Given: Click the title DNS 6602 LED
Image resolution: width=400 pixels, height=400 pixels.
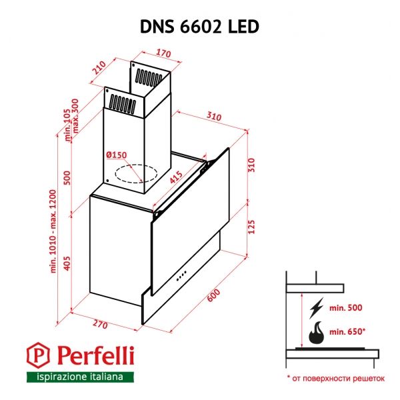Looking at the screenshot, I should pyautogui.click(x=199, y=25).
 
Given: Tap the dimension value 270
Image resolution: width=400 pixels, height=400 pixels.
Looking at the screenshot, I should pyautogui.click(x=100, y=325).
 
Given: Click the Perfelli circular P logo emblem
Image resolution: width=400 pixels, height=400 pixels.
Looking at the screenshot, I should pyautogui.click(x=41, y=355).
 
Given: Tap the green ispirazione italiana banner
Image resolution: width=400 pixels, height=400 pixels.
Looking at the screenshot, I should pyautogui.click(x=75, y=377).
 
